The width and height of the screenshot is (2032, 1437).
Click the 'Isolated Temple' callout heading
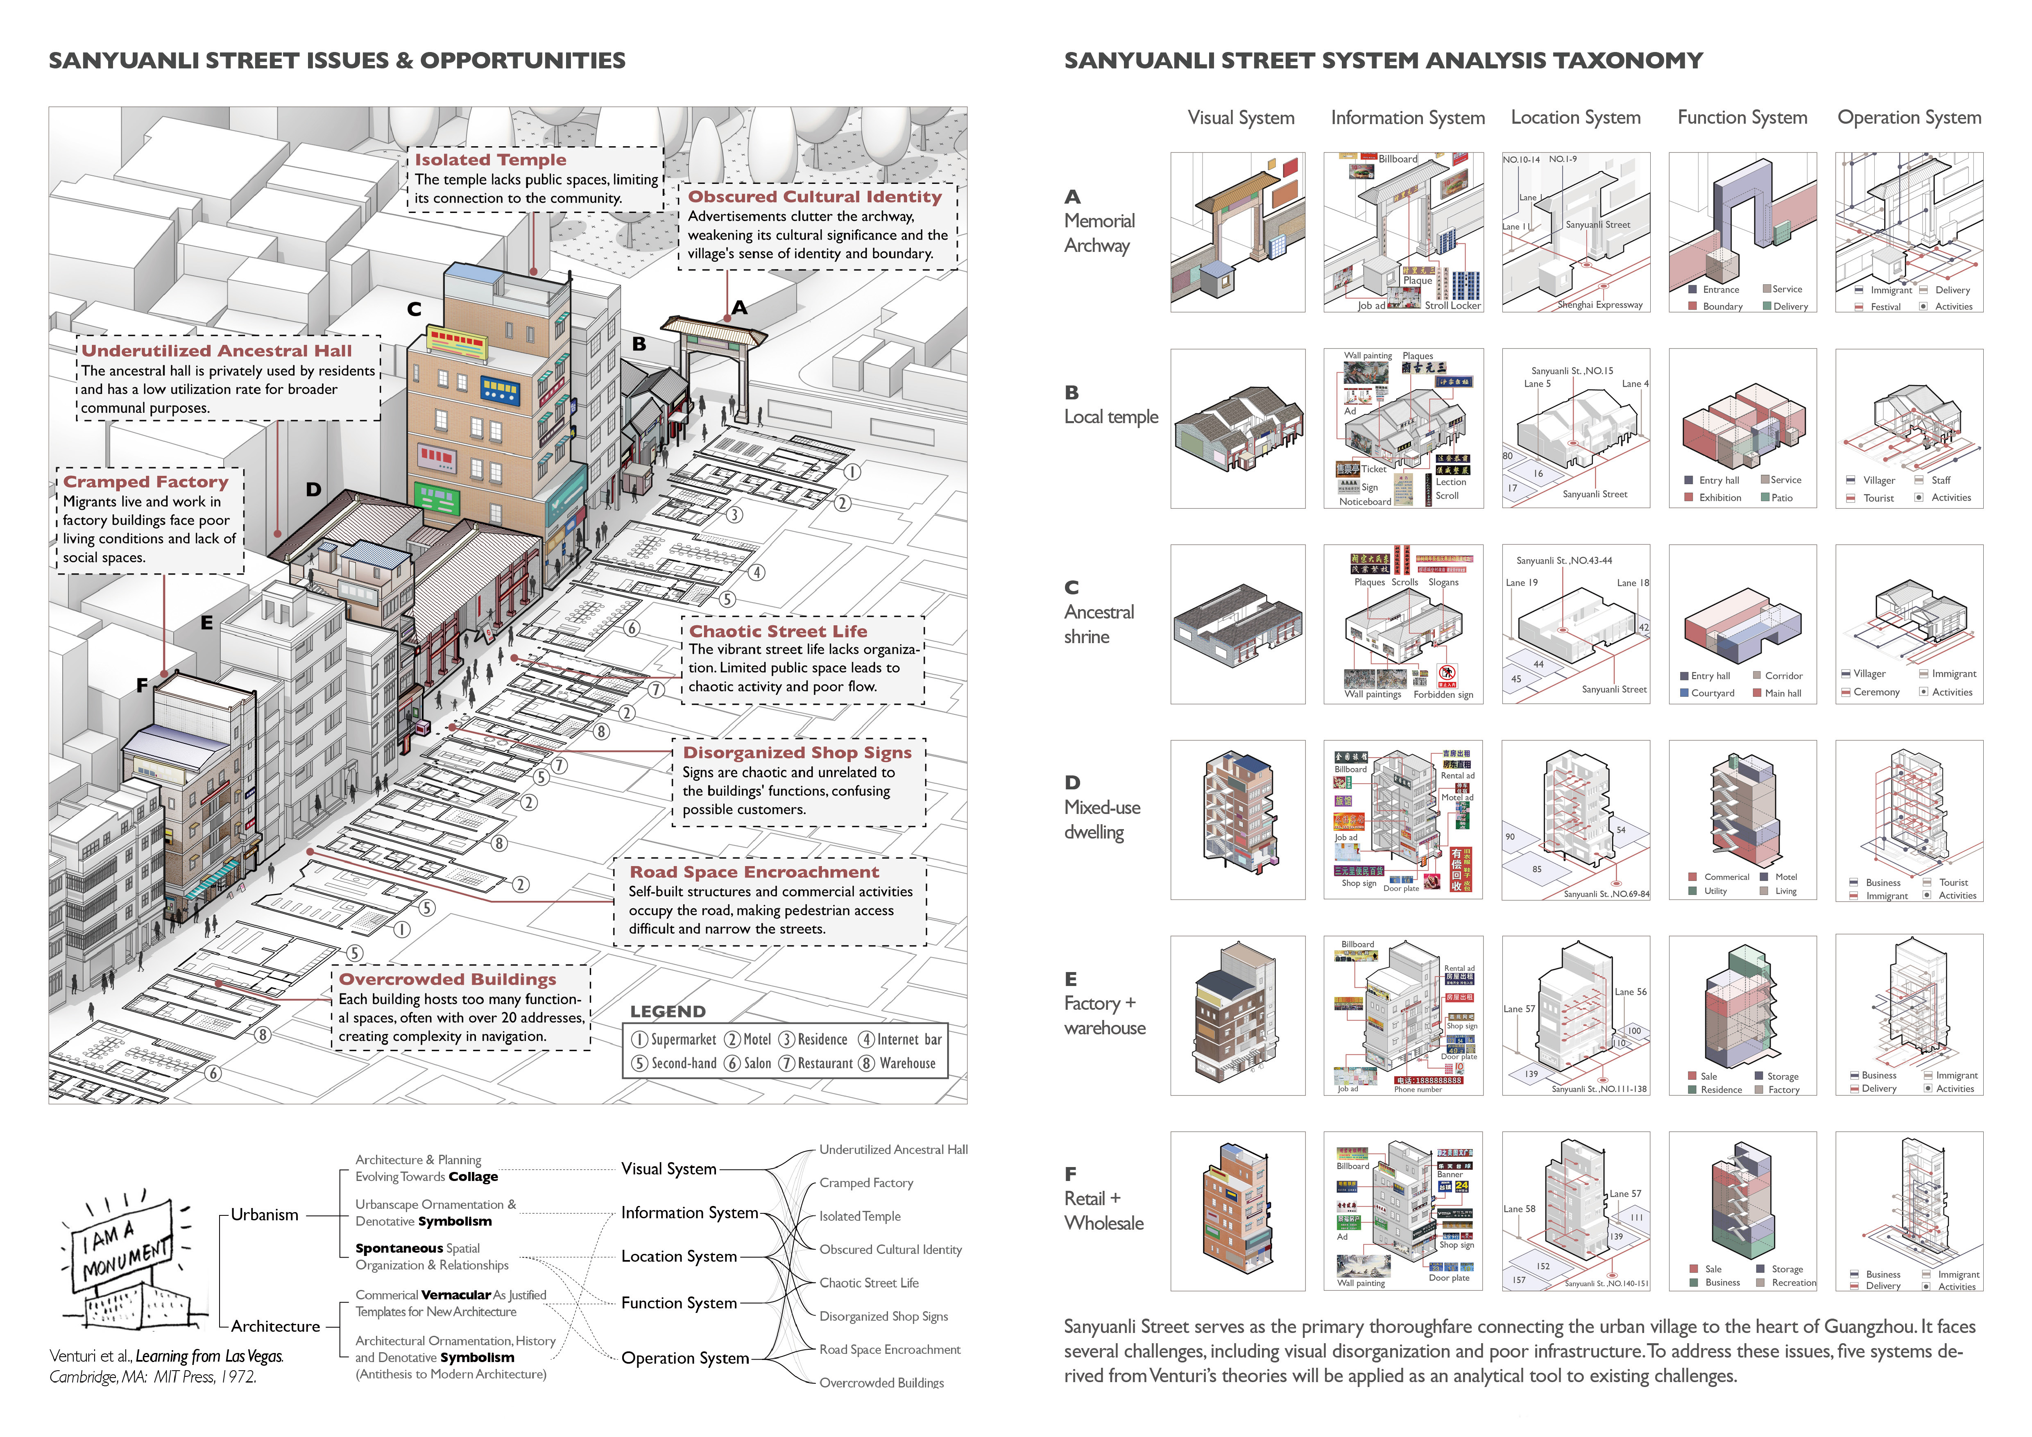coord(490,160)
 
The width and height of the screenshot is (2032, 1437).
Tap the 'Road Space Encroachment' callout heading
coord(754,873)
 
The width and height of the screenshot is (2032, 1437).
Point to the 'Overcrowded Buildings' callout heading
coord(448,979)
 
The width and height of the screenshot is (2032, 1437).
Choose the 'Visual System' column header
coord(1241,118)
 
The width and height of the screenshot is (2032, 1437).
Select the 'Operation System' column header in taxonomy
coord(1909,118)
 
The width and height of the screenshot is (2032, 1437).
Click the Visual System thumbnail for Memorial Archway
coord(1237,232)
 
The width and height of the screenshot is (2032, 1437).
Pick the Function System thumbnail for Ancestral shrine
coord(1742,624)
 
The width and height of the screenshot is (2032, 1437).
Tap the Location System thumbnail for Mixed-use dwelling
coord(1575,819)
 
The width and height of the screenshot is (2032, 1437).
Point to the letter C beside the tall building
coord(414,309)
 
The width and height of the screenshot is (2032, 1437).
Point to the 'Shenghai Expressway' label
coord(1600,305)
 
